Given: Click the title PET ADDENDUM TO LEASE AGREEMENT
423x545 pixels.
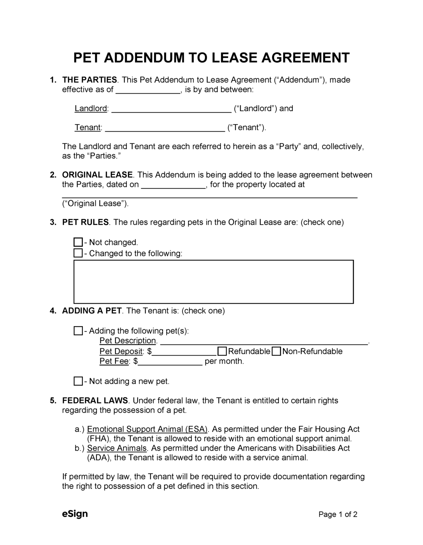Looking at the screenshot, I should [211, 57].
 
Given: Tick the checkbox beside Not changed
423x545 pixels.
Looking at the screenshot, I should [78, 242].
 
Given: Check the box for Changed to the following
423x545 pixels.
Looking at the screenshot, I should [78, 253].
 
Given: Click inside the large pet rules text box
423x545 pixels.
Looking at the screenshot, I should [213, 282].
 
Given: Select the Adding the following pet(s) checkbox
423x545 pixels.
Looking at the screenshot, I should [78, 331].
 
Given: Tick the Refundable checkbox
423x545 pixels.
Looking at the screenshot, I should [222, 351].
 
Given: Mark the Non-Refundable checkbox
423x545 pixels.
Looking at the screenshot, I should [276, 351].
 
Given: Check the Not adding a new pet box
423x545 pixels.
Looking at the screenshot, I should [78, 381].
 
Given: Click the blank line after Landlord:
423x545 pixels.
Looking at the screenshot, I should [171, 109].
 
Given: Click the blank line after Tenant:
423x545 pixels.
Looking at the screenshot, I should [165, 128].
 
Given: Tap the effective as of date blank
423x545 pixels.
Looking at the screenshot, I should [148, 90].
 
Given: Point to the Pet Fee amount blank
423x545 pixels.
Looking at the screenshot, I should [170, 362].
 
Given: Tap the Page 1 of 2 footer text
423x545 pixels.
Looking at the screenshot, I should [338, 514].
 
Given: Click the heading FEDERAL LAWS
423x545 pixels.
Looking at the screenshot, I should [95, 401].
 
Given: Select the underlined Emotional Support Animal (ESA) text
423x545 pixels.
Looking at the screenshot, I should [147, 429].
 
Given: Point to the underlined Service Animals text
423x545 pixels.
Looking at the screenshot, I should [117, 448].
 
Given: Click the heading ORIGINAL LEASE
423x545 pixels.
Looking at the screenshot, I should [97, 175].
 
